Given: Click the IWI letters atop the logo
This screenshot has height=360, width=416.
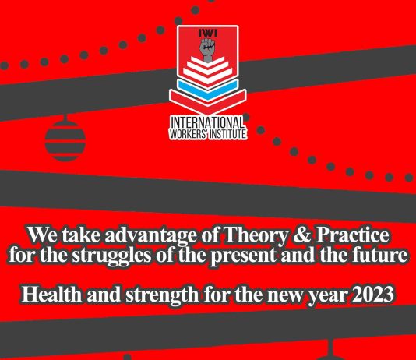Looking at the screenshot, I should (207, 34).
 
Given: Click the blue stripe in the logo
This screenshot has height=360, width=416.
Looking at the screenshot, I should (207, 84).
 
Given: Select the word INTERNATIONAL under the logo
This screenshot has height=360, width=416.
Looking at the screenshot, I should (207, 122).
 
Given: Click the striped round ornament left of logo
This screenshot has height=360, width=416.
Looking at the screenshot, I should (60, 140).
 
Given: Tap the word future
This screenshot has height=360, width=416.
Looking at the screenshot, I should (383, 255).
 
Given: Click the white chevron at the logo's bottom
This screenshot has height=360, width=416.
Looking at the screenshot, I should (207, 100).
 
